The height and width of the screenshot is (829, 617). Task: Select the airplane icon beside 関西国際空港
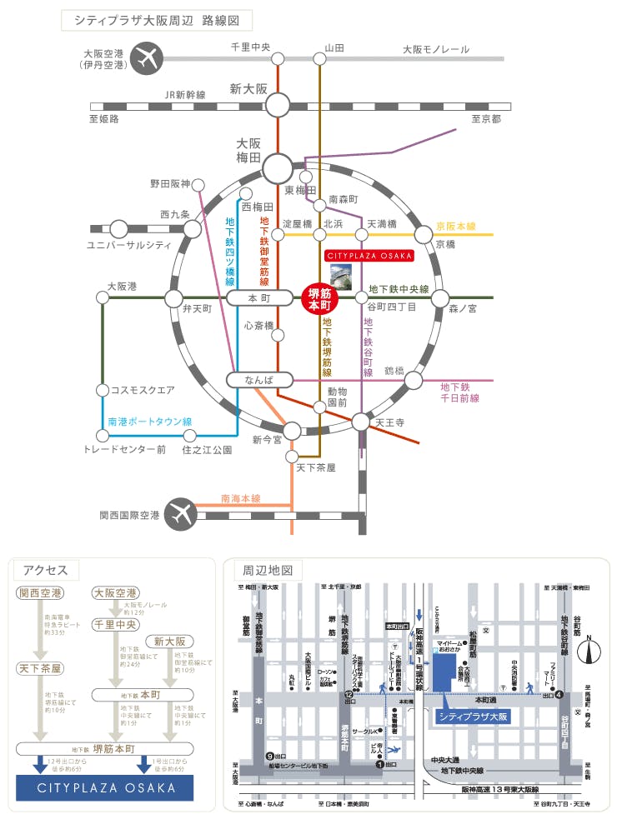(179, 515)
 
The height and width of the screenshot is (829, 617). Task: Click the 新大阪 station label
(248, 88)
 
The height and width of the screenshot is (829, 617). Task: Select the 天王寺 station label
(389, 422)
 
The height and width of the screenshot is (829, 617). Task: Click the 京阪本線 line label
(456, 226)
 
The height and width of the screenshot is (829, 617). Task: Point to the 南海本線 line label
(240, 499)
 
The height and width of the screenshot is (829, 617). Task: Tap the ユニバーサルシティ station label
(129, 245)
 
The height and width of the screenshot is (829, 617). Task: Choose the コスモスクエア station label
(137, 389)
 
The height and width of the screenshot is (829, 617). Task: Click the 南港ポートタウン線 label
(150, 422)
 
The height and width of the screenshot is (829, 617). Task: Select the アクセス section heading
(45, 570)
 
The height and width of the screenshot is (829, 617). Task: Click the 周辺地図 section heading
(268, 571)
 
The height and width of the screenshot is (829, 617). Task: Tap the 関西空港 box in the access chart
(39, 593)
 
